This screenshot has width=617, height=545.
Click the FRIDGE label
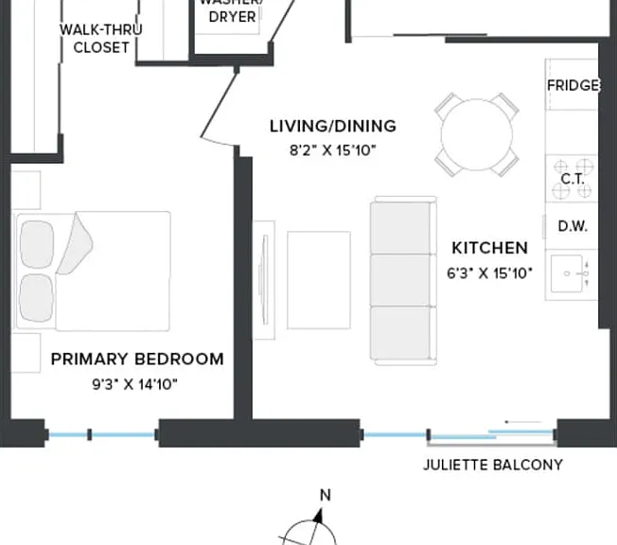573,85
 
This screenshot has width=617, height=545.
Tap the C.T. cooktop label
573,179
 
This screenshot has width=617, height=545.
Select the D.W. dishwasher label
573,226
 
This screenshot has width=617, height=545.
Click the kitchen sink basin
567,273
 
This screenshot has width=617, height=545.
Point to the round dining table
477,134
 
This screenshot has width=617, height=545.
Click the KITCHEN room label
490,248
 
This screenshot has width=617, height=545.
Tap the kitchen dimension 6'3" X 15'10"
489,273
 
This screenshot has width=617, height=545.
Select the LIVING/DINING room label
333,126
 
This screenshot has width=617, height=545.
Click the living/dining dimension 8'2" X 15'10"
333,150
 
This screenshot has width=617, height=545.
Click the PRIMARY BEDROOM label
137,359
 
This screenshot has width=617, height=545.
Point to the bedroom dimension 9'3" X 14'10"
135,384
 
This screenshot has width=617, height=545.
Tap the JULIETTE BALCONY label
493,465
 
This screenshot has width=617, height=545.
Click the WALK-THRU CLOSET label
101,39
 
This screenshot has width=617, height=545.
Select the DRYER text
232,17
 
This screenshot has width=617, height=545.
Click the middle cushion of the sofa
400,280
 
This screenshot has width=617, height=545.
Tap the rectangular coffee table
319,280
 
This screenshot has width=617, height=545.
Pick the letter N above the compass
326,495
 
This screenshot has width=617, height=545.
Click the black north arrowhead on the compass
318,516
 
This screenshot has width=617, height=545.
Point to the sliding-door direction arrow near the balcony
523,422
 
